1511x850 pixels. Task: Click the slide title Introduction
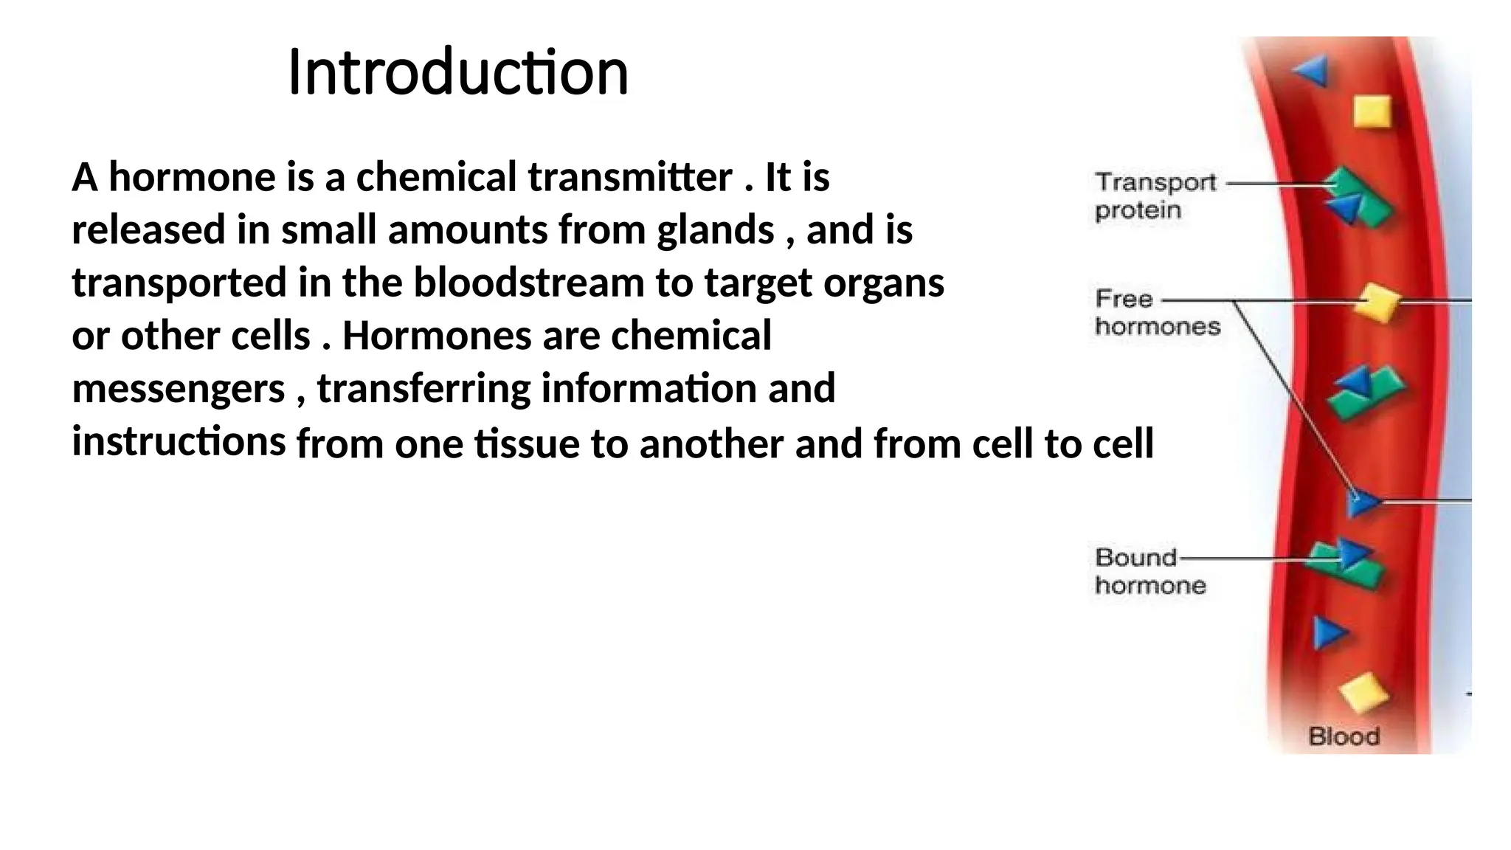pyautogui.click(x=457, y=72)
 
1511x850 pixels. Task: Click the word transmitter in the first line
pyautogui.click(x=630, y=177)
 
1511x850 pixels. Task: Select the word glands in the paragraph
pyautogui.click(x=715, y=229)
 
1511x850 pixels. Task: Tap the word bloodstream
pyautogui.click(x=528, y=283)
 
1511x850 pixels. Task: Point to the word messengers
pyautogui.click(x=178, y=389)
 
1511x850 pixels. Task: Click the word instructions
pyautogui.click(x=179, y=441)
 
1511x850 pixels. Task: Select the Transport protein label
pyautogui.click(x=1155, y=196)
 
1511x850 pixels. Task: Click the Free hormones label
pyautogui.click(x=1157, y=312)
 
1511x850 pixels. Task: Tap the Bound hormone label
pyautogui.click(x=1149, y=571)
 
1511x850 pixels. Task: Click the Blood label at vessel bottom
pyautogui.click(x=1344, y=736)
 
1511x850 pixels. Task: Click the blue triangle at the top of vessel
pyautogui.click(x=1312, y=72)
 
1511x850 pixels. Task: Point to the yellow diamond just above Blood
pyautogui.click(x=1363, y=692)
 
